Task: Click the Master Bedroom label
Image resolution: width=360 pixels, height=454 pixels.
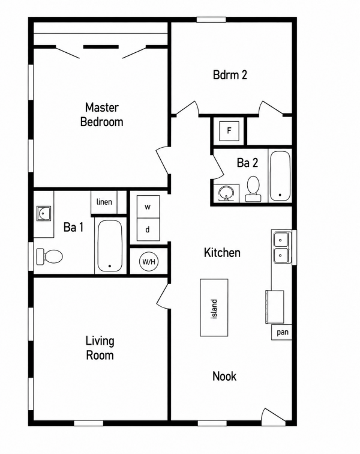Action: [x=101, y=115]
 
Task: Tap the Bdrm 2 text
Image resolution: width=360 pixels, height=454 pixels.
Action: [x=230, y=74]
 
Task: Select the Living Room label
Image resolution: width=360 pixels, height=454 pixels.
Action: [x=100, y=348]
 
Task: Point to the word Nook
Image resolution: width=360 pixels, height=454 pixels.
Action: [x=224, y=376]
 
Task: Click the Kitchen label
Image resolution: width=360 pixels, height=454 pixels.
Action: [x=222, y=252]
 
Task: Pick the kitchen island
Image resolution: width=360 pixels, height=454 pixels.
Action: [x=214, y=307]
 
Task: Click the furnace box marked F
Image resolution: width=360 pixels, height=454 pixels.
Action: [x=229, y=131]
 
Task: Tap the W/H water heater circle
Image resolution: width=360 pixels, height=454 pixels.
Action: [x=149, y=262]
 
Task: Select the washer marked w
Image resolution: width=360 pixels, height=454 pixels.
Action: [x=148, y=207]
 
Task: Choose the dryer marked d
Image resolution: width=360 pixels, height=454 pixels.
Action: [x=148, y=229]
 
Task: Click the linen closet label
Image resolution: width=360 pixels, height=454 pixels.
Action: [x=104, y=202]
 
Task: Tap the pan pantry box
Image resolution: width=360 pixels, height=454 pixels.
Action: [x=281, y=332]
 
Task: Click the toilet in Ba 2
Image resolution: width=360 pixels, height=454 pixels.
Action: [x=253, y=189]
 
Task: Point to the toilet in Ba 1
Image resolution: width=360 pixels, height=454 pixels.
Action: [x=49, y=256]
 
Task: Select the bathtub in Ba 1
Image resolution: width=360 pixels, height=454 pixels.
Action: [x=110, y=246]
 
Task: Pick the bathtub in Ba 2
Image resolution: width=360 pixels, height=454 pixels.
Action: [x=280, y=175]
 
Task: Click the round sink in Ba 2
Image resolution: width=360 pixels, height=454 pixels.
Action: [x=226, y=193]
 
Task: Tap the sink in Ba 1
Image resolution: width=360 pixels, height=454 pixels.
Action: [x=44, y=214]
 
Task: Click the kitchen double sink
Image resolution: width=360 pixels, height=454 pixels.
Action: [x=281, y=247]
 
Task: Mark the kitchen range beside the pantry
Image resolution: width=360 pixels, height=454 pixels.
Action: [x=275, y=307]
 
